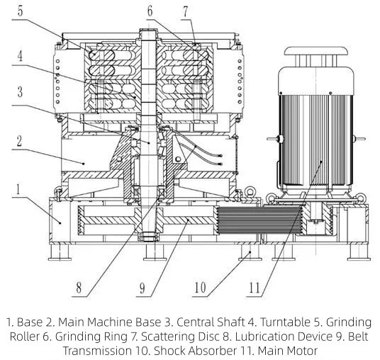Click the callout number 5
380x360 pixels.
[x=21, y=11]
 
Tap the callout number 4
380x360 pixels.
[x=20, y=55]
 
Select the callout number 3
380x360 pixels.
[x=20, y=92]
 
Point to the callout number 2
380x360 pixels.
[x=19, y=141]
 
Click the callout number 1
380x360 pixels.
[x=18, y=189]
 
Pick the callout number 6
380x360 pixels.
[x=150, y=11]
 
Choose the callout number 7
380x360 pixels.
[x=186, y=11]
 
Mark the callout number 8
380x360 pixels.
[x=79, y=288]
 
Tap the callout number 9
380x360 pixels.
[x=142, y=288]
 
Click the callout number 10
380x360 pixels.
[x=200, y=288]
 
